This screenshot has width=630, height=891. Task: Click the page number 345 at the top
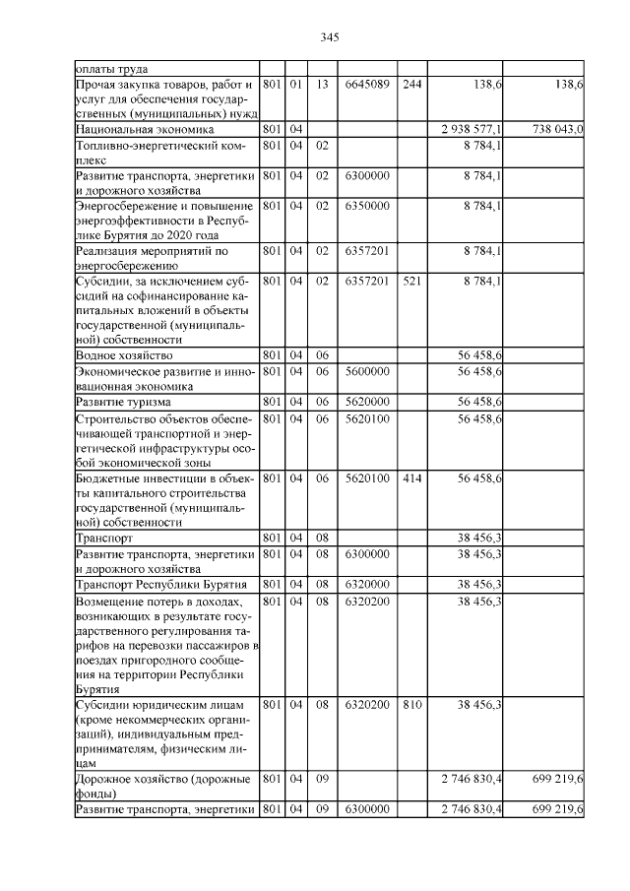pos(330,37)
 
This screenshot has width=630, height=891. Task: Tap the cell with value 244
pos(412,86)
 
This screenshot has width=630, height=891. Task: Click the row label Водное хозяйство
pos(124,354)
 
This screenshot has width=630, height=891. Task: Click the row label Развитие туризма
pos(123,403)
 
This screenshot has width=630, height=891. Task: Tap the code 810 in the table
pos(412,705)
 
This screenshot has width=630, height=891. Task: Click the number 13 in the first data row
pos(321,86)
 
